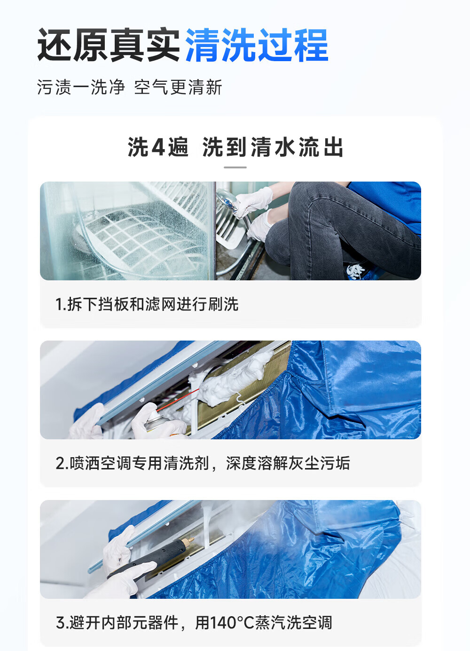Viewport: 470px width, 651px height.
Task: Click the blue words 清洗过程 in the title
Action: tap(257, 46)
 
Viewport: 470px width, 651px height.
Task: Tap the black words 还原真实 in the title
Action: tap(109, 46)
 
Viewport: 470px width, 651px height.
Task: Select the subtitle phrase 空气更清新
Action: tap(178, 87)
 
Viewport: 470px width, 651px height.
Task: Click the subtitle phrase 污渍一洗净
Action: tap(81, 87)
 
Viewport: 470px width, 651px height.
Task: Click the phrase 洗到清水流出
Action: tap(273, 147)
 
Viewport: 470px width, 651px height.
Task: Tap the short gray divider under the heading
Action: tap(235, 167)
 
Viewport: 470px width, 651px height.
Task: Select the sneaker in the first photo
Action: tap(356, 271)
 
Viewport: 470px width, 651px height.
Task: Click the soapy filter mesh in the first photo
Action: tap(136, 235)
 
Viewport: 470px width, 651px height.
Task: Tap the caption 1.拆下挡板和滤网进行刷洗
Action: tap(147, 304)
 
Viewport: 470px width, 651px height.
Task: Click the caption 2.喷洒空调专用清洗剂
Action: tap(132, 463)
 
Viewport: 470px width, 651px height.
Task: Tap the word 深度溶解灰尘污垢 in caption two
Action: tap(288, 463)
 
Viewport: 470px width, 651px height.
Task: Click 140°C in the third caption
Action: tap(232, 623)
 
